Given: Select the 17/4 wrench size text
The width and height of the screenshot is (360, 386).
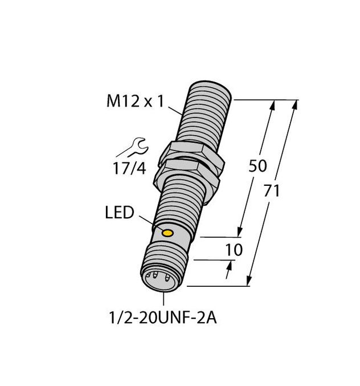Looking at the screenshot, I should pyautogui.click(x=129, y=169).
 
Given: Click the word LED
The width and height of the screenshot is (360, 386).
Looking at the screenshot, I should pyautogui.click(x=120, y=213).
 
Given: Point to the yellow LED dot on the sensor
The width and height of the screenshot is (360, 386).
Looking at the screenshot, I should pyautogui.click(x=168, y=233).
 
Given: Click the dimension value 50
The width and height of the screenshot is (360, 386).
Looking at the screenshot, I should pyautogui.click(x=259, y=166).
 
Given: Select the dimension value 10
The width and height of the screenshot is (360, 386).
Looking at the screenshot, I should pyautogui.click(x=234, y=250).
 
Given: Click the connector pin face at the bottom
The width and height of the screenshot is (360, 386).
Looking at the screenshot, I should pyautogui.click(x=160, y=279).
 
